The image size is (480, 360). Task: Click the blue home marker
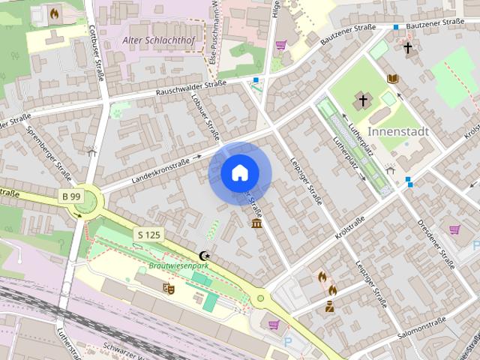tap(239, 173)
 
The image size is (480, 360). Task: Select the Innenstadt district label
tap(398, 131)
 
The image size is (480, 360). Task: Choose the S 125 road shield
tap(149, 235)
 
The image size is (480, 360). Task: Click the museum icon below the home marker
tap(257, 224)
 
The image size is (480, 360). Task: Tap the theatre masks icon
tap(168, 287)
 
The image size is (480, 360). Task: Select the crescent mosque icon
tap(202, 256)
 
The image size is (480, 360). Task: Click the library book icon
tap(392, 79)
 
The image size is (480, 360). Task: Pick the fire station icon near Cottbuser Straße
tap(54, 13)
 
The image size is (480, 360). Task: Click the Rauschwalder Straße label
tap(190, 88)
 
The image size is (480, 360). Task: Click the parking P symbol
tap(288, 341)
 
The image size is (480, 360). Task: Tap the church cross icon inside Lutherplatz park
tap(363, 100)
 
